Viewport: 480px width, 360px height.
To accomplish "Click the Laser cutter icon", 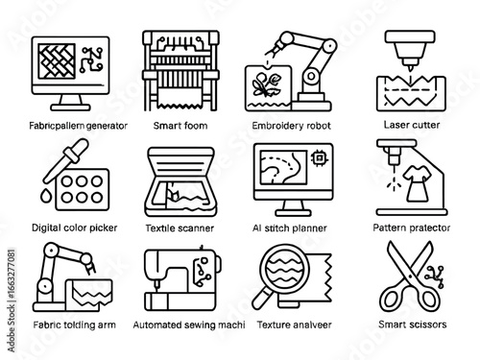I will pyautogui.click(x=412, y=68).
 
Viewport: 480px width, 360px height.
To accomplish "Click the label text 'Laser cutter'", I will pyautogui.click(x=412, y=124).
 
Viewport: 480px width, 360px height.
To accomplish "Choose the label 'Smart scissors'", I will pyautogui.click(x=413, y=325).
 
